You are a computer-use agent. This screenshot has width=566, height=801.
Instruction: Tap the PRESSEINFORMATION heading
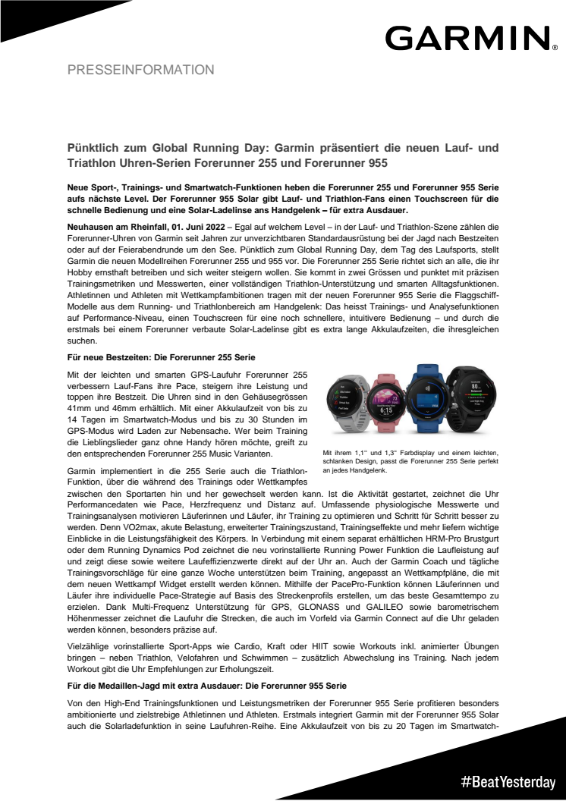pyautogui.click(x=141, y=70)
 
